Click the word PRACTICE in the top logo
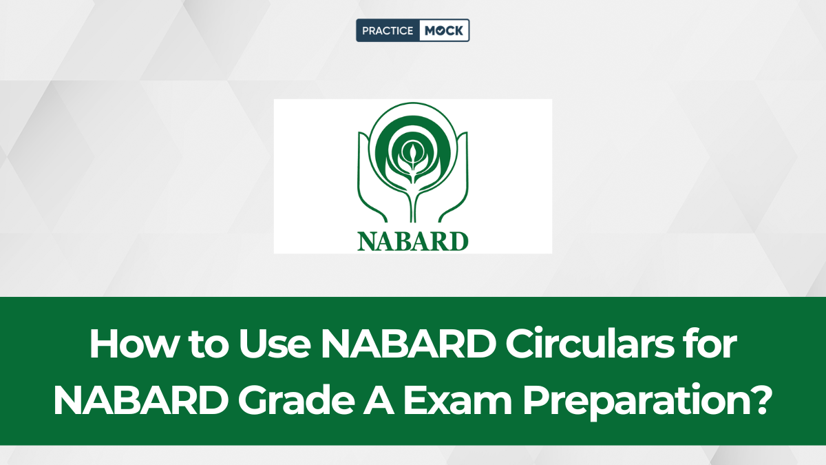(388, 30)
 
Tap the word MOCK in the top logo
(443, 30)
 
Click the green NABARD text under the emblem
(412, 242)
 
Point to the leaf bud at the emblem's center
(412, 152)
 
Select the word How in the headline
(133, 344)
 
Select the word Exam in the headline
(458, 400)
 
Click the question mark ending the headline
(756, 400)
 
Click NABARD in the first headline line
(408, 344)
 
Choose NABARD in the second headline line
(141, 400)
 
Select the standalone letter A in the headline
(379, 400)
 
